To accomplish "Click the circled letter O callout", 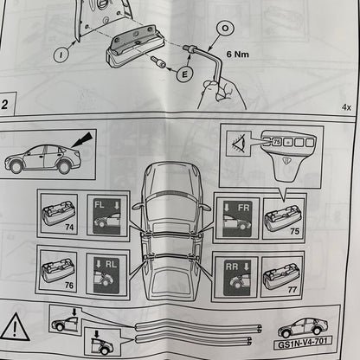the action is click(x=225, y=29).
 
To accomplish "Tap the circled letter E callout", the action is click(x=184, y=74).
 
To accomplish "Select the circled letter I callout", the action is click(x=61, y=55).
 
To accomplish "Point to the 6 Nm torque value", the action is click(x=237, y=54).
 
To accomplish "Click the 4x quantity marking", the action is click(x=346, y=107).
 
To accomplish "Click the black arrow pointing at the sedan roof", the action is click(x=82, y=139).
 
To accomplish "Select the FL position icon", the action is click(x=107, y=215).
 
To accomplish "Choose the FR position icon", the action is click(x=237, y=218).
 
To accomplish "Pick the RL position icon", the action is click(x=106, y=275).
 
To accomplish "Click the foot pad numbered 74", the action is click(x=59, y=214).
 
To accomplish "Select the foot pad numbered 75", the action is click(x=282, y=218).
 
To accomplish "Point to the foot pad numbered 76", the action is click(x=58, y=271).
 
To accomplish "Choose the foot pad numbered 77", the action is click(x=281, y=277).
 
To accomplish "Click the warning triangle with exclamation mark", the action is click(x=15, y=327).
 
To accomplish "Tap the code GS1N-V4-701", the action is click(x=303, y=344).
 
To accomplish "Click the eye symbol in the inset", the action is click(x=238, y=143).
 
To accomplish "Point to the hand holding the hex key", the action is click(x=222, y=95).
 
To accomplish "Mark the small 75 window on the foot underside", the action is click(x=277, y=142).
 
